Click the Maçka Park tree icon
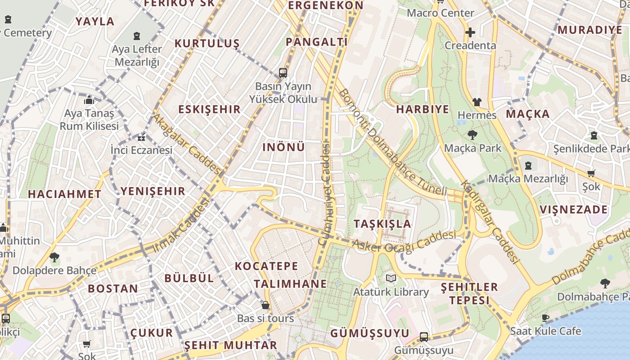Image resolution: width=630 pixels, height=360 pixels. pos(472,135)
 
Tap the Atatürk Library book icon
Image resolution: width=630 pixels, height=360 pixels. pos(391,279)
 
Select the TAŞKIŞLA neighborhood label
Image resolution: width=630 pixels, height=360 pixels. pos(382,224)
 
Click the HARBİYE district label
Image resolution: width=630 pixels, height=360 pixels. pos(423,109)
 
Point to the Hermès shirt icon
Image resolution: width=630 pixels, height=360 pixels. pos(477,102)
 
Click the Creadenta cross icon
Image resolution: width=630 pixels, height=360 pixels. pos(470,32)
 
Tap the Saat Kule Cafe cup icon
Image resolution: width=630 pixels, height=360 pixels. pos(545,318)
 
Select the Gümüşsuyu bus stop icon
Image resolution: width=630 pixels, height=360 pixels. pos(423,337)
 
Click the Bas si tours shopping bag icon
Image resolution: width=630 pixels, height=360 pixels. pos(265,305)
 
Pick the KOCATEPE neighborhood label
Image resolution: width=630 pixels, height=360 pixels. pos(266,266)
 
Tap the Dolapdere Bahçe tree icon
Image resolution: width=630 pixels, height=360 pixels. pos(54,257)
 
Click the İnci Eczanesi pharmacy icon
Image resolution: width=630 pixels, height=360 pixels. pos(142,138)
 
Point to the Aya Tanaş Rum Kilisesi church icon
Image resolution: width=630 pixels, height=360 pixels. pos(89,100)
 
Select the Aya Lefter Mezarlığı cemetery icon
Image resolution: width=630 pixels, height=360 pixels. pos(137,36)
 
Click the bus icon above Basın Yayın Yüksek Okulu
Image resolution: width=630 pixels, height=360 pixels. pos(283,72)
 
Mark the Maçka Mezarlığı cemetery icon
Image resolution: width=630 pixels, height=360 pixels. pos(528,166)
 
